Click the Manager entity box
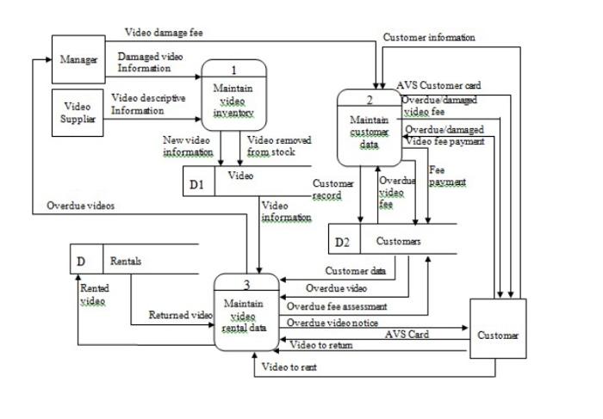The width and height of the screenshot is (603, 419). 78,59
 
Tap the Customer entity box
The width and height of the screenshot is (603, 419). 499,335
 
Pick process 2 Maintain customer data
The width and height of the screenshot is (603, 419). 369,126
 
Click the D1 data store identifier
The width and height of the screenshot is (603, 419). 197,183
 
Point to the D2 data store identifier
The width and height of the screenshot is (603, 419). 342,242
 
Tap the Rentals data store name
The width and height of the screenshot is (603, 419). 126,261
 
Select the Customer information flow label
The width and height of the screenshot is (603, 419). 428,37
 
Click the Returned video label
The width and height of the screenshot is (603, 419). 180,315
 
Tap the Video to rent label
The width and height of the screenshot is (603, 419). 289,367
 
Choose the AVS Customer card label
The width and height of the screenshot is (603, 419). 438,86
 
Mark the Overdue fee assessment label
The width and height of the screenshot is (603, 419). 337,305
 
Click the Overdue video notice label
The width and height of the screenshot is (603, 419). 332,323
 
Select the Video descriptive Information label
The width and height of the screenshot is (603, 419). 147,104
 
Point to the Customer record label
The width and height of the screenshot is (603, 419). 333,189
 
